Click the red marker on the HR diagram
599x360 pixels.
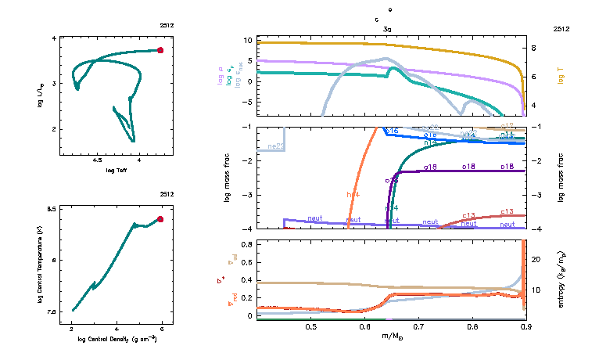(x=160, y=50)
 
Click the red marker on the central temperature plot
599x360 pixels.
(x=160, y=219)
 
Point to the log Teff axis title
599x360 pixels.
(x=117, y=170)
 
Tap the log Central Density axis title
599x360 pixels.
(x=117, y=339)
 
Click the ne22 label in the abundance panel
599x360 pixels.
(x=274, y=146)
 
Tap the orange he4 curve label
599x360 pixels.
(x=352, y=194)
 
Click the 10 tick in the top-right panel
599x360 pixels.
(x=246, y=40)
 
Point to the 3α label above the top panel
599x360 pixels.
(x=387, y=28)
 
